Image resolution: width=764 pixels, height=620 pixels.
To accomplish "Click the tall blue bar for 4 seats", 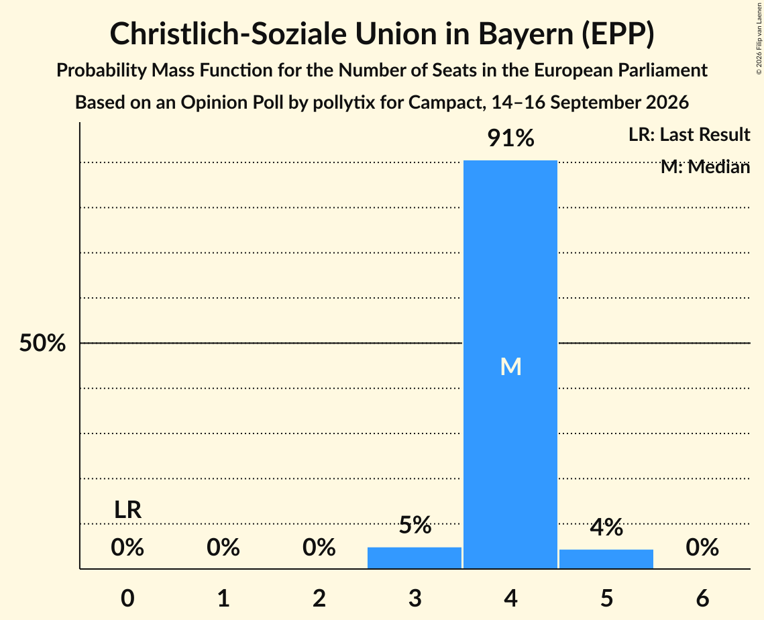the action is tap(510, 364).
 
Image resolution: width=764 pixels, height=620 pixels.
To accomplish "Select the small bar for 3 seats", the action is tap(414, 558).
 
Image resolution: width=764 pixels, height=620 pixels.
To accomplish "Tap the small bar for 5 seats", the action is tap(606, 559).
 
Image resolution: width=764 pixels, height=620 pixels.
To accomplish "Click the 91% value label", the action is tap(510, 138).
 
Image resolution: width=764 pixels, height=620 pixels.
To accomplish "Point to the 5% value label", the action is tap(415, 525).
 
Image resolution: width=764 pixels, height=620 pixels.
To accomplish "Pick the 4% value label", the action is tap(606, 527).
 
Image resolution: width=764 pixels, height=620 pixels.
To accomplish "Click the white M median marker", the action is tap(510, 366).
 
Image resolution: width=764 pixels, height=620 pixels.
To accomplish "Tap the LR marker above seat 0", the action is tap(127, 510).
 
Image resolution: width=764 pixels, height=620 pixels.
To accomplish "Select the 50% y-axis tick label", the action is tap(42, 343).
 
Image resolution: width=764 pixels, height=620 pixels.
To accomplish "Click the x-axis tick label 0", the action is tap(127, 598).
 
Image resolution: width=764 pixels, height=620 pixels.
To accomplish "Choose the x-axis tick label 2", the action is tap(319, 598).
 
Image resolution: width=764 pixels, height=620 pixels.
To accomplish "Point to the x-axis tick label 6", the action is tap(702, 598).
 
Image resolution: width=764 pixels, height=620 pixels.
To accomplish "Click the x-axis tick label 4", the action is tap(510, 598).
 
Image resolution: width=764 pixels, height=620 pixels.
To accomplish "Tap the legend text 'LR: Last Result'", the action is tap(689, 134).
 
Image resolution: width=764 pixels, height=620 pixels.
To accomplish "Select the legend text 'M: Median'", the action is tap(705, 167).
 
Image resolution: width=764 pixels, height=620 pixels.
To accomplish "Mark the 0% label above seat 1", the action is tap(223, 548).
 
